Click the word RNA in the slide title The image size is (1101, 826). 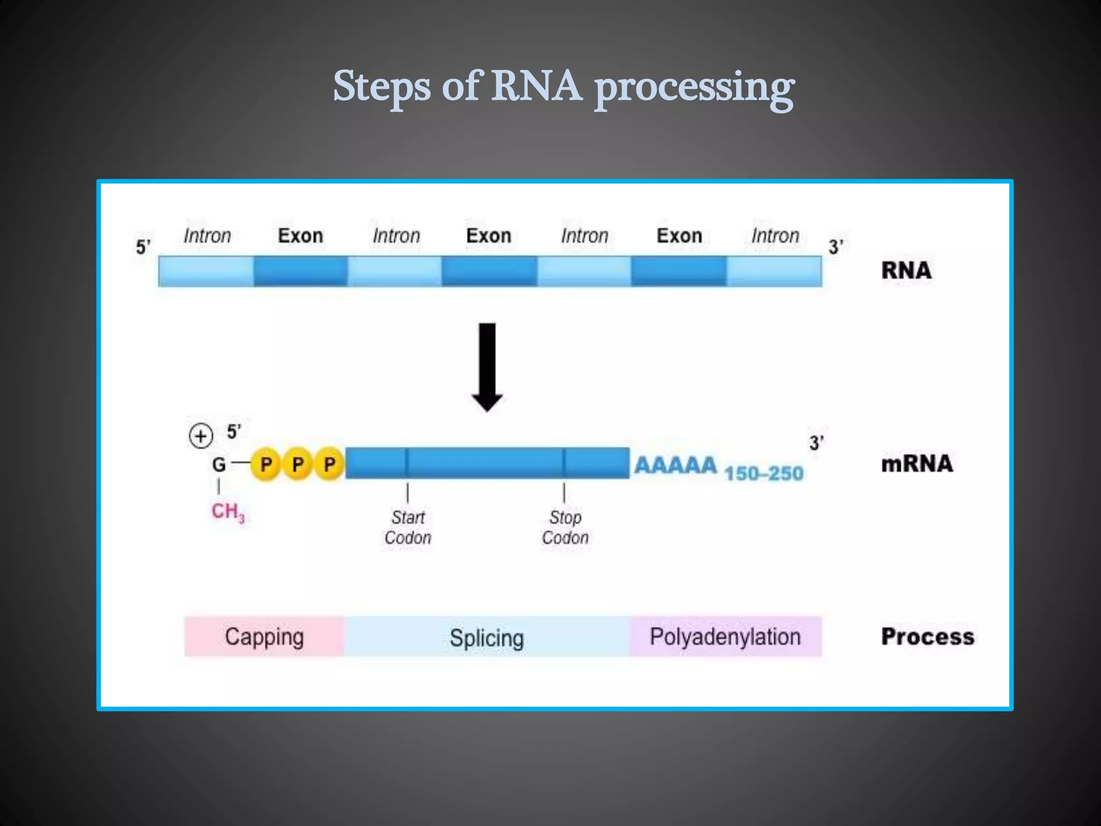click(537, 86)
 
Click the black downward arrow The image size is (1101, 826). click(487, 368)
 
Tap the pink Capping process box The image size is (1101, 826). click(264, 637)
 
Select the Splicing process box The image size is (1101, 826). click(487, 637)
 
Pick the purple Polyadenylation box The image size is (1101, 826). click(725, 637)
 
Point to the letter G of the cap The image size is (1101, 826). click(219, 464)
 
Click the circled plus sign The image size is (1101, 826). click(201, 436)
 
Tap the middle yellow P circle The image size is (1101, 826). click(298, 464)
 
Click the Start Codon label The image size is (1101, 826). click(408, 528)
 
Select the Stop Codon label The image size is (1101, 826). click(565, 528)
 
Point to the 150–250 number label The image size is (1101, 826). click(763, 473)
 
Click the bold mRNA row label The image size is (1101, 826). click(917, 464)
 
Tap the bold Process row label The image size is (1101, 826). click(927, 637)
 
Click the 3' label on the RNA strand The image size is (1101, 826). click(835, 247)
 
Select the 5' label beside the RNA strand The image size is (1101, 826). click(143, 247)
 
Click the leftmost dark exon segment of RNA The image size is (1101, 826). click(301, 272)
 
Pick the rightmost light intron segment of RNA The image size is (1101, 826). click(774, 272)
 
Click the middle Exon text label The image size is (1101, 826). click(488, 236)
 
